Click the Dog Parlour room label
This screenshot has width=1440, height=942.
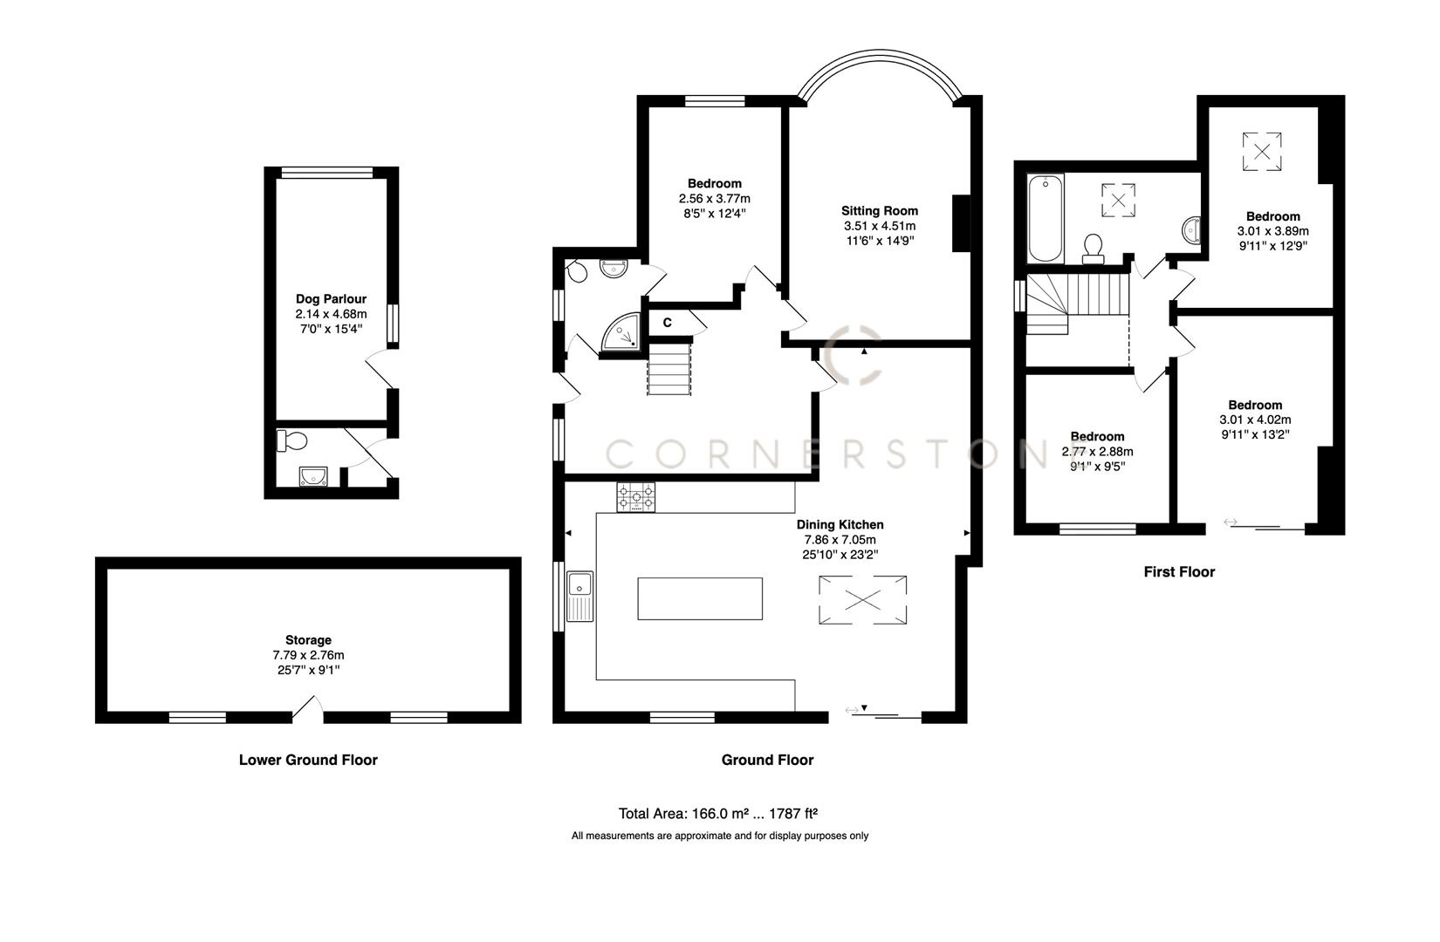click(331, 299)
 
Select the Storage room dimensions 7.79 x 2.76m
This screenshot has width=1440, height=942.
click(308, 655)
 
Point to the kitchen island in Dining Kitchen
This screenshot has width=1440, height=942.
click(699, 598)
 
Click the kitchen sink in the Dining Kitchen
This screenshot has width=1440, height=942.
click(579, 597)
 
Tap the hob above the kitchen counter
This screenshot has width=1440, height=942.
click(636, 497)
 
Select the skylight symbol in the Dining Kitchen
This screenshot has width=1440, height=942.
click(862, 600)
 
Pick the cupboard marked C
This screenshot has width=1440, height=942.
click(667, 323)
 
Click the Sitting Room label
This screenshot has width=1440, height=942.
click(879, 210)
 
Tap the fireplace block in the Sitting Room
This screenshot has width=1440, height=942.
click(961, 223)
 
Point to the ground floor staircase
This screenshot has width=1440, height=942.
click(669, 368)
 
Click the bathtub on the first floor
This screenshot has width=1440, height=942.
click(1045, 218)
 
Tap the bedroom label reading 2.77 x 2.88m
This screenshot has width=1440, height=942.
click(1097, 452)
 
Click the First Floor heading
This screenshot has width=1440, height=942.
click(1179, 572)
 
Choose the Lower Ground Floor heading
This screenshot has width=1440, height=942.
click(308, 760)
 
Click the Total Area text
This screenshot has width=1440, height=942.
click(717, 814)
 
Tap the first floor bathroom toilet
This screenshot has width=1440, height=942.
click(1092, 249)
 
